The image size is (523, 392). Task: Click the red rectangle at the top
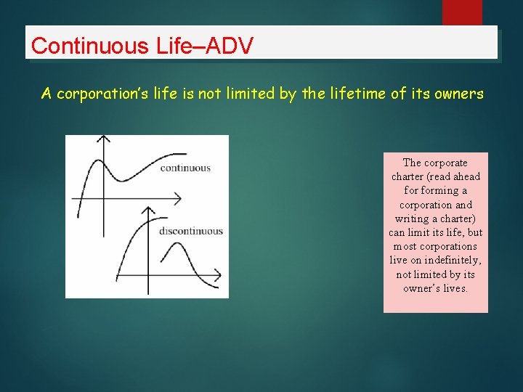(x=462, y=12)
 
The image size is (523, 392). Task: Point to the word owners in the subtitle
(x=461, y=94)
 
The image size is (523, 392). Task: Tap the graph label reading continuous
(x=185, y=168)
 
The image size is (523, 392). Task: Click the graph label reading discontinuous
(x=190, y=232)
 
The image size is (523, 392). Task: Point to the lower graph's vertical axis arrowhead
(x=147, y=210)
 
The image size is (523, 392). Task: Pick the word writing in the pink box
(x=412, y=219)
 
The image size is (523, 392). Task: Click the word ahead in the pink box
(x=466, y=176)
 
